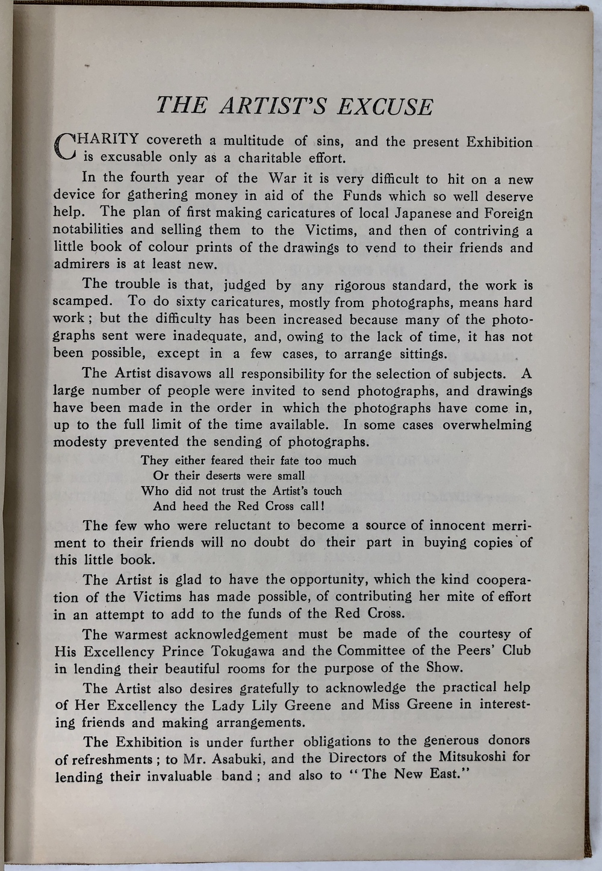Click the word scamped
click(82, 302)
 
